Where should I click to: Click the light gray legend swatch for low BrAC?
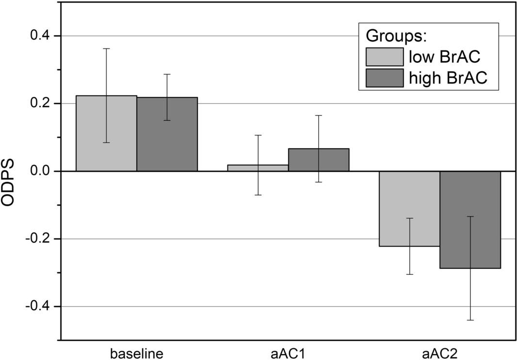click(x=384, y=56)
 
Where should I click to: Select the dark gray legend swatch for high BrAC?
click(x=384, y=78)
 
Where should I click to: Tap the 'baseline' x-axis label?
click(x=136, y=352)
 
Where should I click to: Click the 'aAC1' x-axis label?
click(x=288, y=352)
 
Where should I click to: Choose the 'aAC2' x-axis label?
click(x=439, y=352)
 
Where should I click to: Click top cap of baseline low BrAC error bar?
click(x=106, y=48)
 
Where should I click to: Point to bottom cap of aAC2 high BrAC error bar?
click(x=470, y=320)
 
